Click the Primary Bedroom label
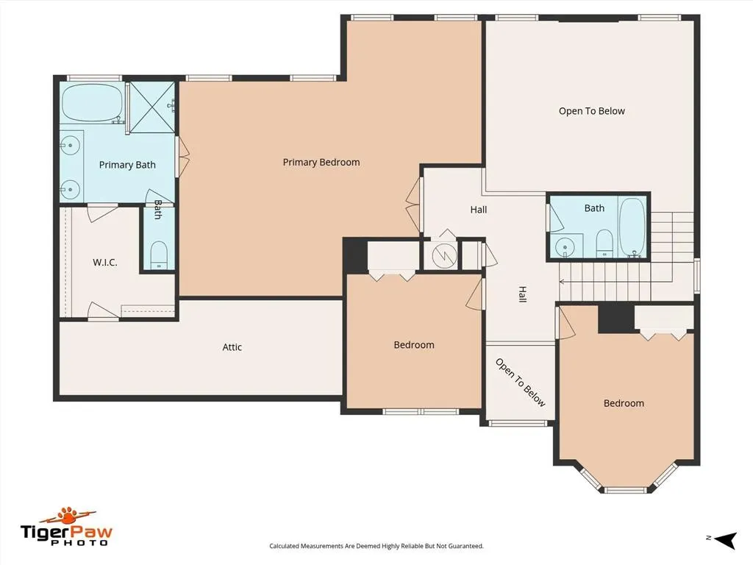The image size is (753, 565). [321, 163]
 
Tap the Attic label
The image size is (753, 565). [232, 347]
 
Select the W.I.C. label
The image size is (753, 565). [104, 263]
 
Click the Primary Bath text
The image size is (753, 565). [127, 165]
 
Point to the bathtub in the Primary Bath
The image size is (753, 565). [92, 103]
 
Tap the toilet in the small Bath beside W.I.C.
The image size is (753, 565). [159, 255]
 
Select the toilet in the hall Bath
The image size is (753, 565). [604, 243]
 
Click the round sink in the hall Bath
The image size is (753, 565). [565, 247]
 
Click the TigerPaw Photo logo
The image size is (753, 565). [65, 527]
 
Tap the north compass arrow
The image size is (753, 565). [725, 540]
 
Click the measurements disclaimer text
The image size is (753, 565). [376, 546]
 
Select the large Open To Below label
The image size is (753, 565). [592, 111]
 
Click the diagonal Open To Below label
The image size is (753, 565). [521, 383]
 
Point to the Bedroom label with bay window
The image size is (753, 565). [624, 403]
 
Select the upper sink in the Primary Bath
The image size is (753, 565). [71, 144]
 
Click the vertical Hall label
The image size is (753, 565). [523, 294]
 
